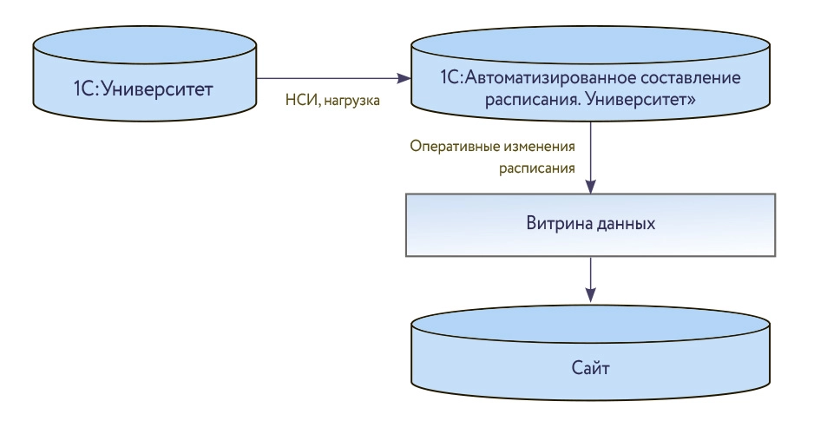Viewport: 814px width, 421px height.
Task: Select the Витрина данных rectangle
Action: pyautogui.click(x=590, y=224)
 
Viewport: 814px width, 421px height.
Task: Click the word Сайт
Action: pyautogui.click(x=590, y=368)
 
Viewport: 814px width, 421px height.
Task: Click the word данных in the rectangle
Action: pyautogui.click(x=622, y=223)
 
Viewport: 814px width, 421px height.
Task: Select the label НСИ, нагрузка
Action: pyautogui.click(x=332, y=102)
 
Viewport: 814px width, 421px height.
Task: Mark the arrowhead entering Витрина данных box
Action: pyautogui.click(x=590, y=187)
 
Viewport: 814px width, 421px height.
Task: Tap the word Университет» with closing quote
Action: pyautogui.click(x=645, y=100)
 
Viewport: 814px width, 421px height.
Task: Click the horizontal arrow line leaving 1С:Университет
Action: pyautogui.click(x=330, y=78)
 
